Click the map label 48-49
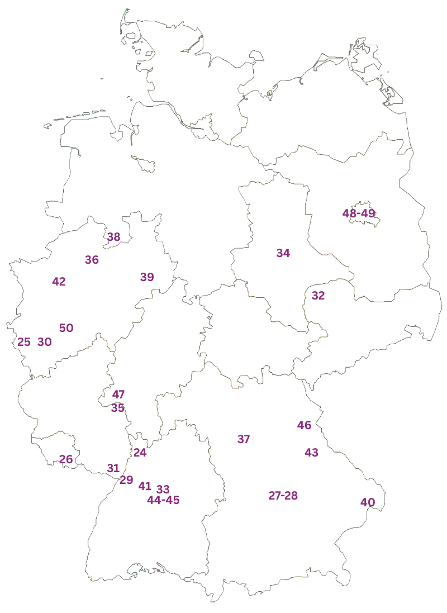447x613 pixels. click(x=359, y=213)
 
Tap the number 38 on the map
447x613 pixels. click(x=113, y=237)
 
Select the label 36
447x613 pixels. click(x=92, y=260)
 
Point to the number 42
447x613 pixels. click(x=59, y=282)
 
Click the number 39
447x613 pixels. click(x=147, y=277)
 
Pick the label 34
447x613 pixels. click(x=283, y=253)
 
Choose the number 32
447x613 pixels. click(x=318, y=296)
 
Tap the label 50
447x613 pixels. click(x=66, y=328)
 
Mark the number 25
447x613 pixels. click(x=24, y=342)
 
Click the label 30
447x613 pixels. click(x=45, y=342)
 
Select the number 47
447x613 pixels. click(x=118, y=395)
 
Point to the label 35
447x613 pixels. click(x=117, y=408)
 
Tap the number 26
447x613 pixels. click(x=66, y=459)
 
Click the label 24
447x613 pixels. click(x=140, y=453)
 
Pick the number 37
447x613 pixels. click(x=244, y=439)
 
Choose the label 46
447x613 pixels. click(x=304, y=425)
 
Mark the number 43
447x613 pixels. click(x=311, y=453)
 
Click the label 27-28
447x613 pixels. click(x=283, y=496)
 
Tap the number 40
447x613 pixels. click(x=368, y=502)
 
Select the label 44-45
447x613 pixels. click(x=163, y=500)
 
